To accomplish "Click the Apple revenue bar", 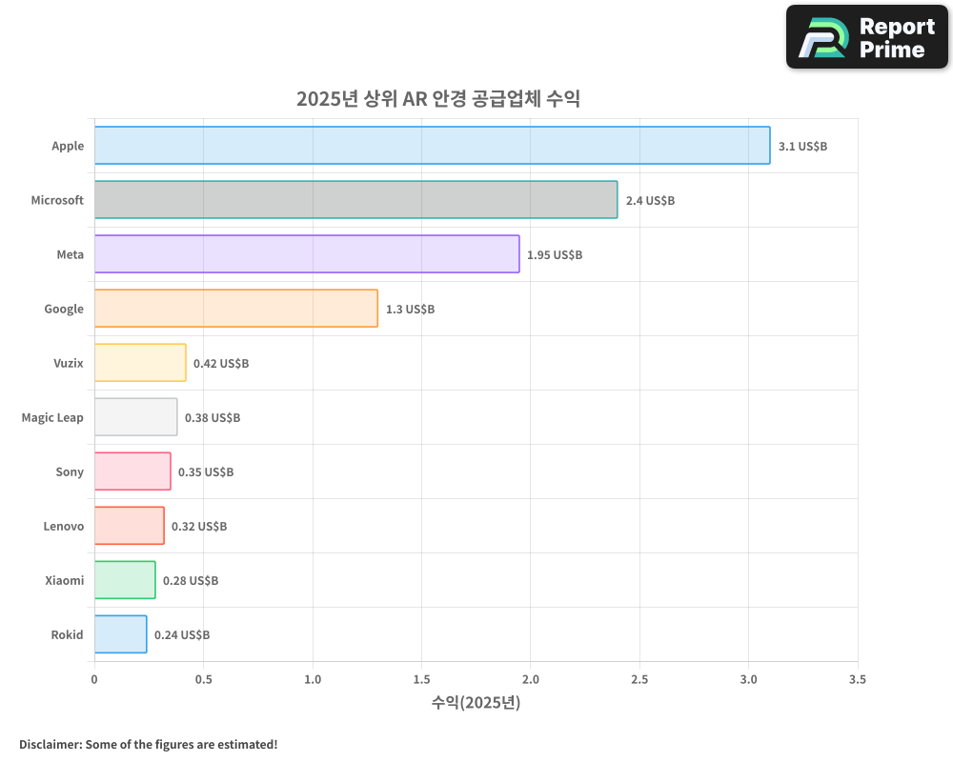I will (x=432, y=146).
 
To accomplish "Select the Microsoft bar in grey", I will (x=355, y=200).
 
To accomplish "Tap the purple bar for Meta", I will (x=307, y=254).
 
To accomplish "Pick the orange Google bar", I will (x=235, y=309).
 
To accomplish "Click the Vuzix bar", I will (x=140, y=363).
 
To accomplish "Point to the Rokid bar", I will (x=120, y=634).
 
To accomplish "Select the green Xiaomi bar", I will (x=125, y=580).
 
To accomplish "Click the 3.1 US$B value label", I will (x=802, y=147).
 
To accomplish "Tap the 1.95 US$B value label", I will (x=555, y=255).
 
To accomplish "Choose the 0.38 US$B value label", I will (x=213, y=418).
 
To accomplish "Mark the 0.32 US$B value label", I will (x=199, y=527).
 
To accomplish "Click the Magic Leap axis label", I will (x=52, y=417).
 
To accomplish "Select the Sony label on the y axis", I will (x=70, y=471).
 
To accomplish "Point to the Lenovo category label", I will (x=63, y=526).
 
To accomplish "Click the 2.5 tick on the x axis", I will (x=639, y=680).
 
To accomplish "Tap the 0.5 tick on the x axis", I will (x=203, y=680).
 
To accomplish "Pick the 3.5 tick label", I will (x=858, y=680).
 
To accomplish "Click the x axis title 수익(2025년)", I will (x=476, y=703).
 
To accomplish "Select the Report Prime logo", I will (x=867, y=37).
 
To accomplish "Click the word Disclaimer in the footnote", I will (x=49, y=744).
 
